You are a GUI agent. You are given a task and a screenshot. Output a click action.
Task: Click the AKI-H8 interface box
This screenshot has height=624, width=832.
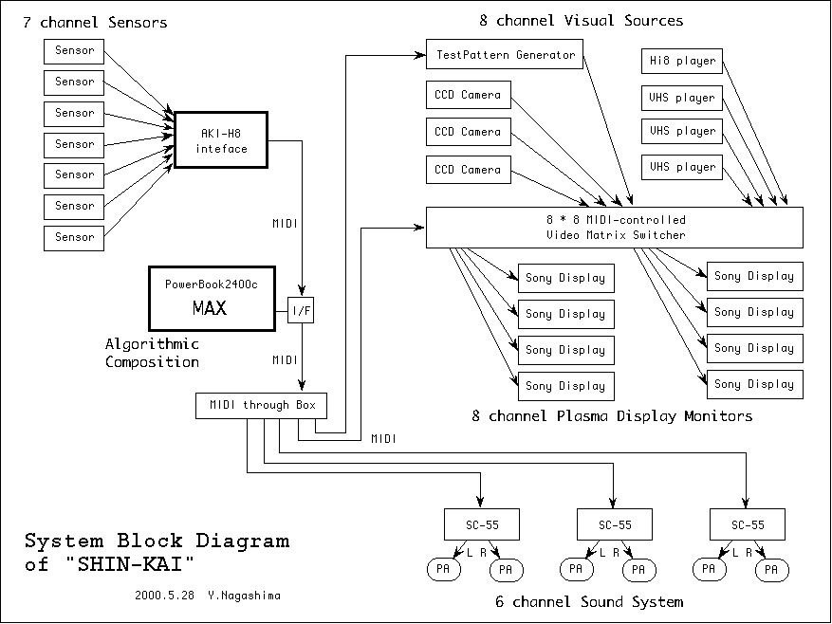coord(223,140)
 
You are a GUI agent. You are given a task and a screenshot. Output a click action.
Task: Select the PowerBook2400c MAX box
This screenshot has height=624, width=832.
coord(212,298)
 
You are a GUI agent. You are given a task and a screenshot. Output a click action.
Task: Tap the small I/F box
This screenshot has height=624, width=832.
coord(300,310)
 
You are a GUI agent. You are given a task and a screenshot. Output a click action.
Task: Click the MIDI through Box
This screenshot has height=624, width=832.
coord(262,406)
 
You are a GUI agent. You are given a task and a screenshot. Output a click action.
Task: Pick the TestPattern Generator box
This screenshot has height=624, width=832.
coord(505,55)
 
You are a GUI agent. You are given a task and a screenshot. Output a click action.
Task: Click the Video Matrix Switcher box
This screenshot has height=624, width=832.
coord(615,228)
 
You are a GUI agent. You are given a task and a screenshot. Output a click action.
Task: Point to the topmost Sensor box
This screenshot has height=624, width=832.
coord(74,51)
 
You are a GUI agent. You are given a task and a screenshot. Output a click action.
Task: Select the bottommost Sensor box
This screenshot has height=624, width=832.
coord(74,237)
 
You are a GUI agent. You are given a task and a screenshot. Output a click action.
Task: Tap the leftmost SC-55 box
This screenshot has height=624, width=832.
coord(482,524)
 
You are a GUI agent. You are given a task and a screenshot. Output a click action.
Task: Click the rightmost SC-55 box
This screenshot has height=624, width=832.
coord(747,524)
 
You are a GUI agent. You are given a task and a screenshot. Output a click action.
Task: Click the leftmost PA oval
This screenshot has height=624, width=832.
coord(442,570)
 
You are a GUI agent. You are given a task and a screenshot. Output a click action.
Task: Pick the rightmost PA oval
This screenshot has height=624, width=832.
coord(770,570)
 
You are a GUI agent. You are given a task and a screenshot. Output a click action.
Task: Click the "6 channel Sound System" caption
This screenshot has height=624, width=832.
coord(588,601)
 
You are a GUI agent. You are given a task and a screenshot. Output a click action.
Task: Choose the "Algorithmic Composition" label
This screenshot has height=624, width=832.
coord(152,353)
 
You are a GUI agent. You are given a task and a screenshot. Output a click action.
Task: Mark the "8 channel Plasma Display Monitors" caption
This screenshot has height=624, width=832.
coord(612,416)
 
